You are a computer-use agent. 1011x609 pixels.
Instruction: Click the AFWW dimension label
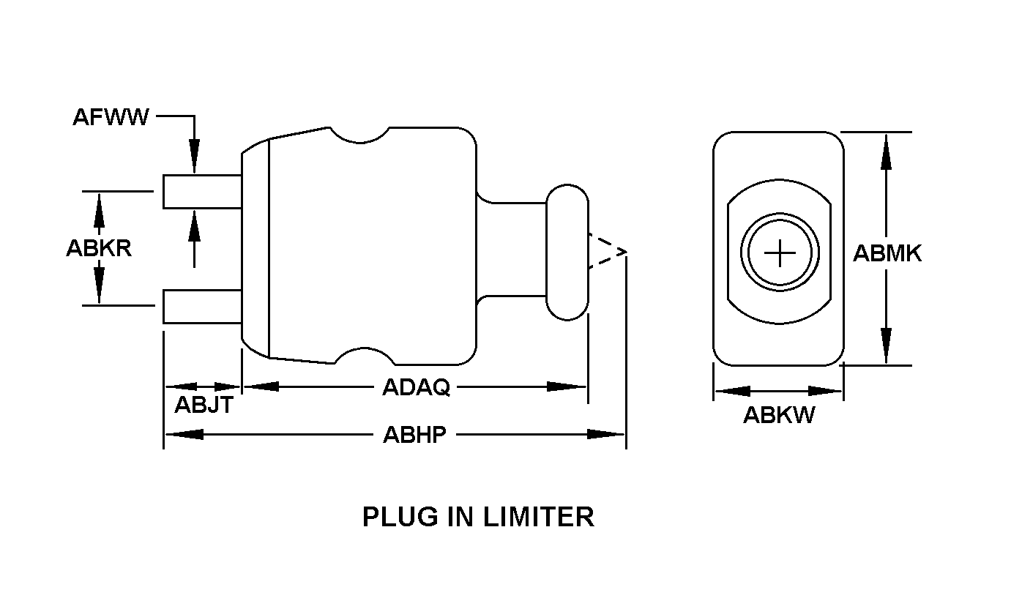(111, 117)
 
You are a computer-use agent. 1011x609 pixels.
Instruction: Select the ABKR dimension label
(99, 248)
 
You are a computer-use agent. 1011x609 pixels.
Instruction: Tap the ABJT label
(204, 404)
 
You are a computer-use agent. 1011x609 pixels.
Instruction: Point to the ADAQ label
(416, 387)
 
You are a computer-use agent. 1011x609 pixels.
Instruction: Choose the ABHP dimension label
(414, 435)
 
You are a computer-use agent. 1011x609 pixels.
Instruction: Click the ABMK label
(887, 253)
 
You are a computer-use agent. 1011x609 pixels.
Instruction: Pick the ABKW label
(779, 415)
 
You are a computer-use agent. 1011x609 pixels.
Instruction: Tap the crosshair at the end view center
(780, 253)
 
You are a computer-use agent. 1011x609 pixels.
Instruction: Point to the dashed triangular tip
(606, 252)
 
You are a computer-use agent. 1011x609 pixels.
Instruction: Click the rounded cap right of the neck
(567, 252)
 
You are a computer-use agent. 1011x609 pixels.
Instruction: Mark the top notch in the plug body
(359, 135)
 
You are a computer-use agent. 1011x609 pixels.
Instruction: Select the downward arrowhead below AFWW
(194, 162)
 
